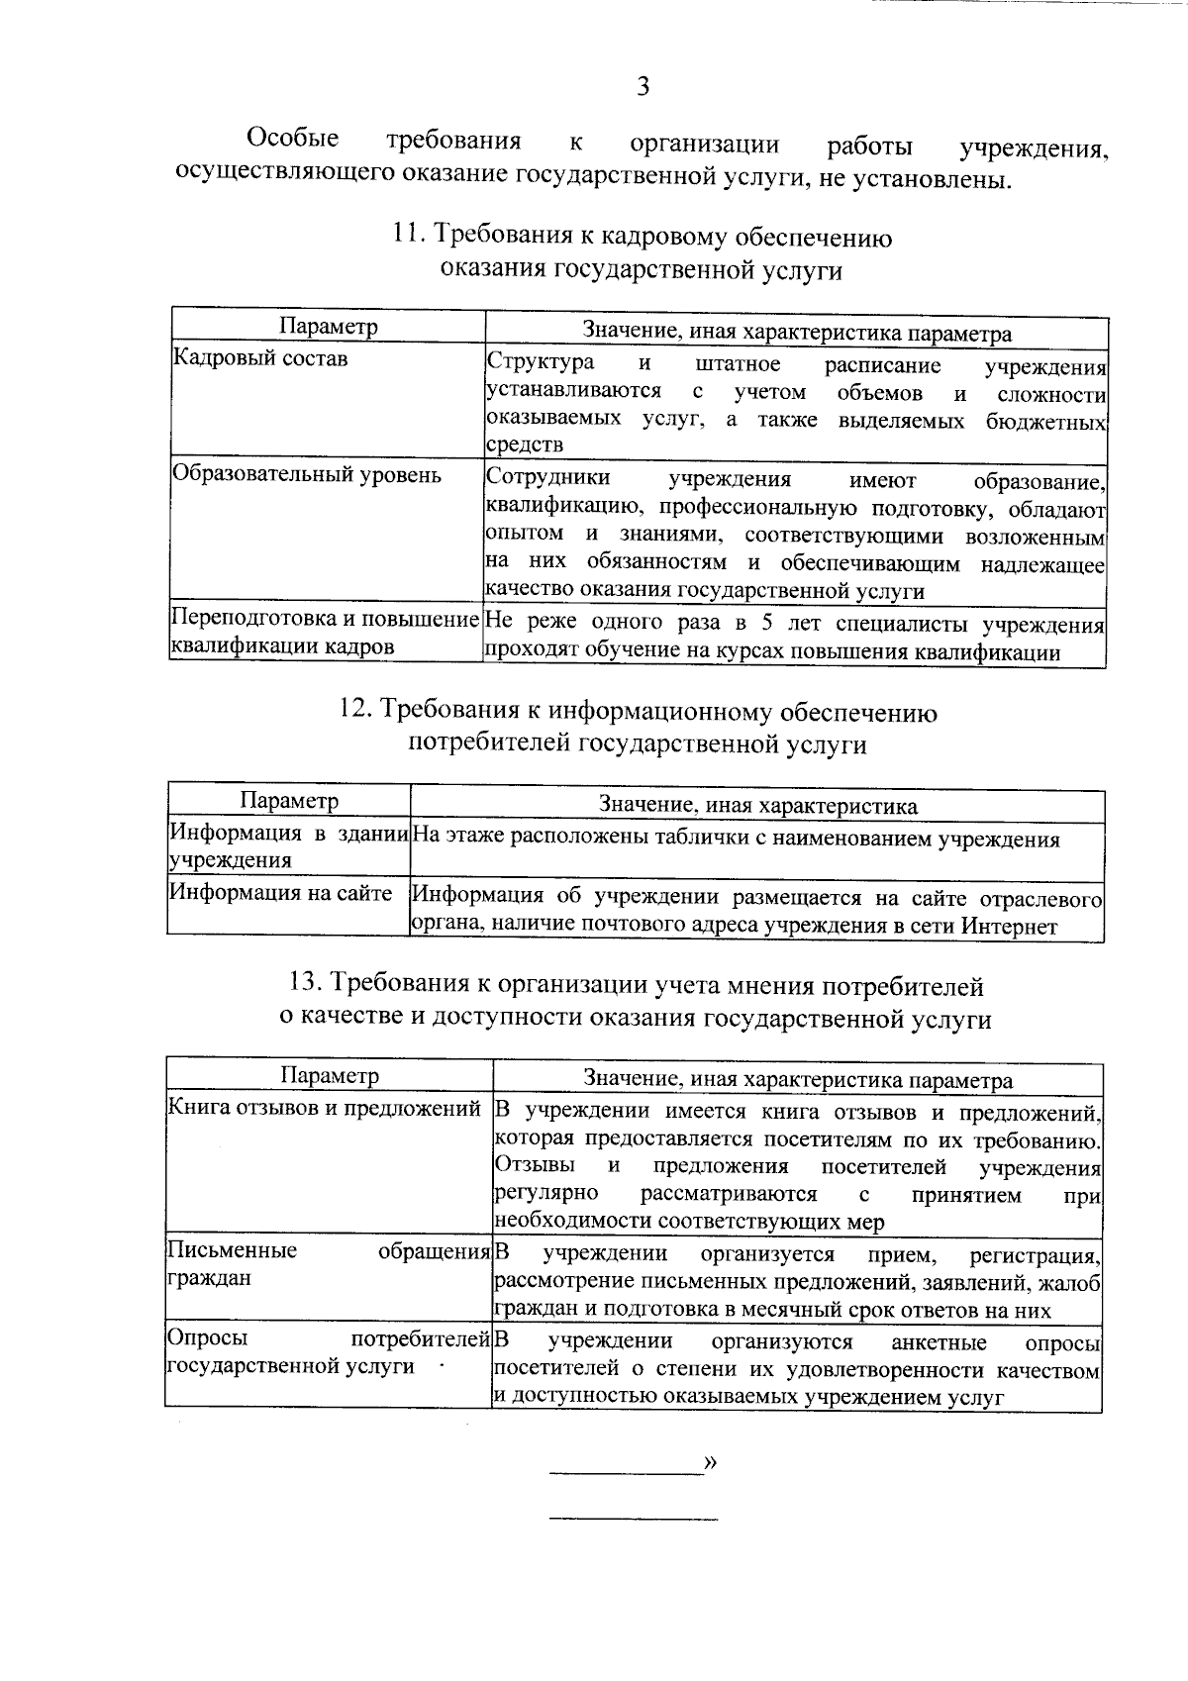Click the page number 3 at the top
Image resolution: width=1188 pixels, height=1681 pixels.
[x=643, y=87]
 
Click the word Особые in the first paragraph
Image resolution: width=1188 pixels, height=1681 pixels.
[x=292, y=139]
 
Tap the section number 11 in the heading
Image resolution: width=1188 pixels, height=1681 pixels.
[x=405, y=237]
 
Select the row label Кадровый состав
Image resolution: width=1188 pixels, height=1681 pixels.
[x=260, y=358]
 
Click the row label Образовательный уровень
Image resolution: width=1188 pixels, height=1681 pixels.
[x=307, y=475]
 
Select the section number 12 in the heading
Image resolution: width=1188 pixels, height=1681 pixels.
[x=353, y=711]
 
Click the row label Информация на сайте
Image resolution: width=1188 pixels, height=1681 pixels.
[x=281, y=893]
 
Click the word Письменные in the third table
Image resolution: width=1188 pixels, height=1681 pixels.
[x=233, y=1250]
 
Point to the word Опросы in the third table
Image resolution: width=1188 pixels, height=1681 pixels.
[x=208, y=1338]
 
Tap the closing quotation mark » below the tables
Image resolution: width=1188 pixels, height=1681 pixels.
[x=709, y=1462]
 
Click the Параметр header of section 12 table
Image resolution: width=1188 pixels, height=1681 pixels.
[x=290, y=800]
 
